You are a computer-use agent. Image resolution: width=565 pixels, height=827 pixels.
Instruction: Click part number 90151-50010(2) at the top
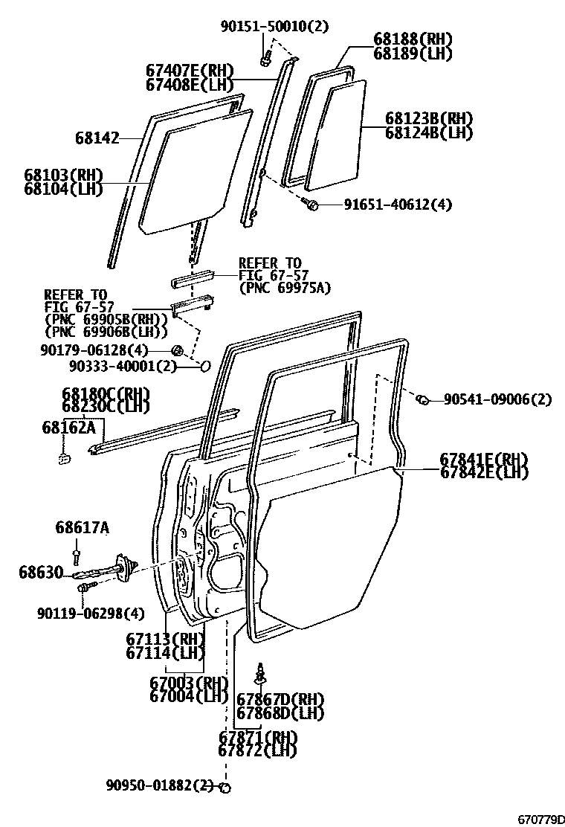click(x=274, y=27)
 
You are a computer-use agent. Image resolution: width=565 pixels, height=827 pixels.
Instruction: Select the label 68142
click(x=97, y=138)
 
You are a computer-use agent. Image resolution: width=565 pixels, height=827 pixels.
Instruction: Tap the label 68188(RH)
click(x=413, y=39)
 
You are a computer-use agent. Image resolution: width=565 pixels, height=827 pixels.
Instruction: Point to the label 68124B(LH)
click(x=429, y=133)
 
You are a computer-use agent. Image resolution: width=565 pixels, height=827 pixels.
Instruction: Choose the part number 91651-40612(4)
click(x=397, y=205)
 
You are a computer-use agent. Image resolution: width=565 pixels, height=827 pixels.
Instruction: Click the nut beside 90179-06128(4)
click(x=178, y=350)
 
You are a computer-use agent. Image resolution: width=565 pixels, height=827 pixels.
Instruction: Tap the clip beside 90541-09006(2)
click(x=420, y=400)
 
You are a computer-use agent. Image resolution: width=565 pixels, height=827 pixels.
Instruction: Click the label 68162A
click(x=69, y=427)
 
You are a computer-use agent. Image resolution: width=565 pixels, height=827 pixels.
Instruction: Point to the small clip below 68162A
click(x=64, y=457)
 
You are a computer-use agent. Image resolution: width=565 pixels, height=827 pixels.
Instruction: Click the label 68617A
click(x=82, y=528)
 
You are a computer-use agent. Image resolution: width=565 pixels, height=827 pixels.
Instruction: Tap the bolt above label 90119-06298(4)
click(x=83, y=589)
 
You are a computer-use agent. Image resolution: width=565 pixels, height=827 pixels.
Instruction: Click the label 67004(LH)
click(x=187, y=697)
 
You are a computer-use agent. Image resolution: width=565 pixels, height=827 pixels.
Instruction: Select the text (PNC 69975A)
click(x=285, y=288)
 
